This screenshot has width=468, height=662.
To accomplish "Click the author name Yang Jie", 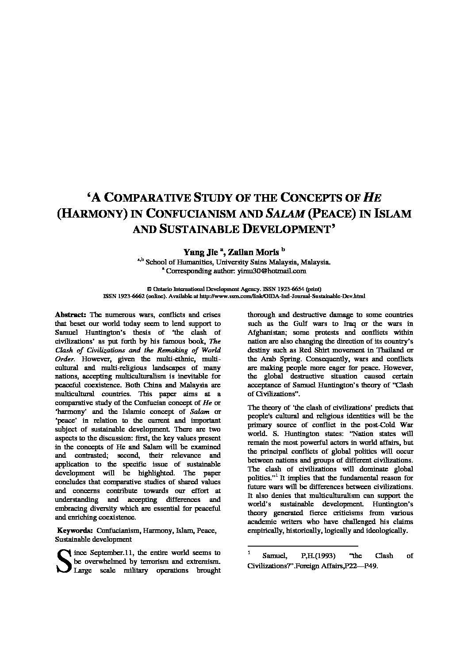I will tap(200, 252).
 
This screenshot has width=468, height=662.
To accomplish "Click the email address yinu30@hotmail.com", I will tap(278, 271).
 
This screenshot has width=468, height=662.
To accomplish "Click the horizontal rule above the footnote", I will tap(303, 546).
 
